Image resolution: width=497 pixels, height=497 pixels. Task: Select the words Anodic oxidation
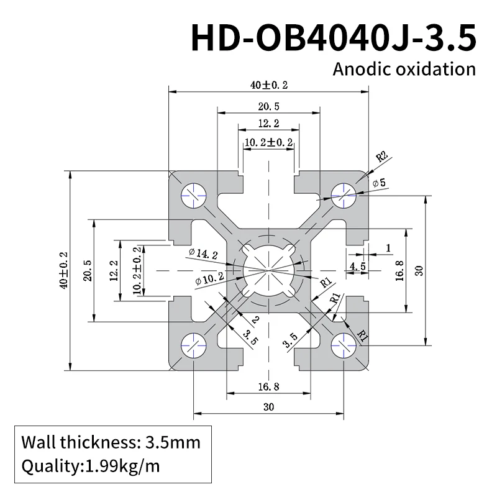pyautogui.click(x=404, y=68)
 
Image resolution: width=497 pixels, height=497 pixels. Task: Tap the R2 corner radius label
pyautogui.click(x=382, y=156)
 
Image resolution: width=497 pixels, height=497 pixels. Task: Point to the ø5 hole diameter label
pyautogui.click(x=379, y=183)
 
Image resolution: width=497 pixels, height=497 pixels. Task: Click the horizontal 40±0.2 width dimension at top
pyautogui.click(x=269, y=84)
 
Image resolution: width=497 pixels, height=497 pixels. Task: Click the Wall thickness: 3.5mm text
pyautogui.click(x=111, y=443)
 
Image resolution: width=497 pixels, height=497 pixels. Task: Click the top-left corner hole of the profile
pyautogui.click(x=194, y=195)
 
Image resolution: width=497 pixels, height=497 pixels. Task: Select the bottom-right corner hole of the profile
pyautogui.click(x=343, y=345)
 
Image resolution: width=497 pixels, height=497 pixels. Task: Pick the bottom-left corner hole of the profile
pyautogui.click(x=194, y=345)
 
